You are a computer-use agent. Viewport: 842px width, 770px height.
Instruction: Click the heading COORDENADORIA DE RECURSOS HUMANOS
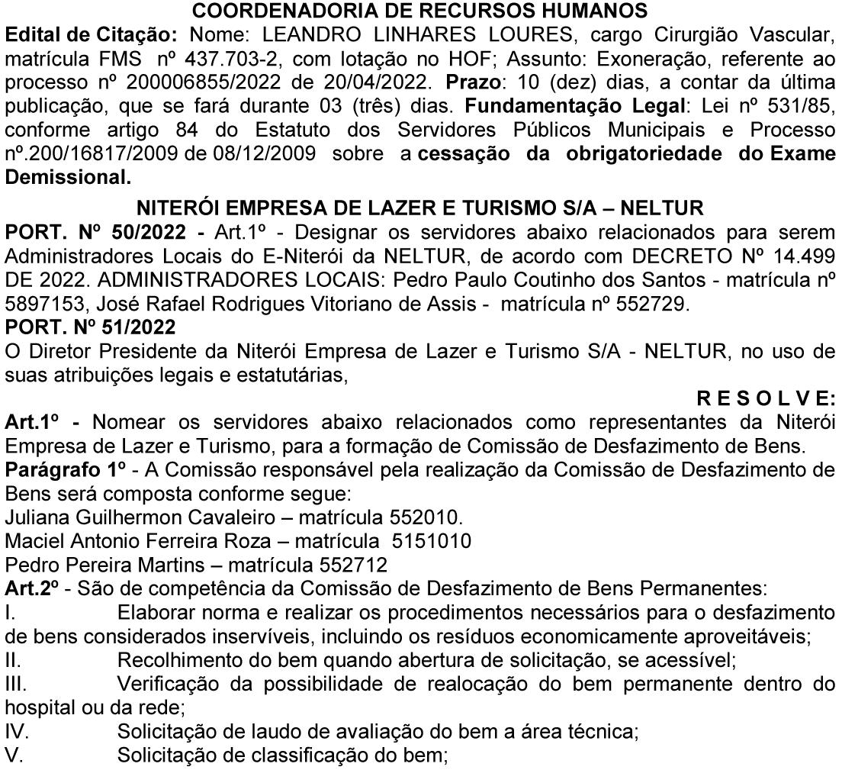(x=420, y=12)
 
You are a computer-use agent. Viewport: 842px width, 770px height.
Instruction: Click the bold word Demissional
(x=66, y=177)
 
